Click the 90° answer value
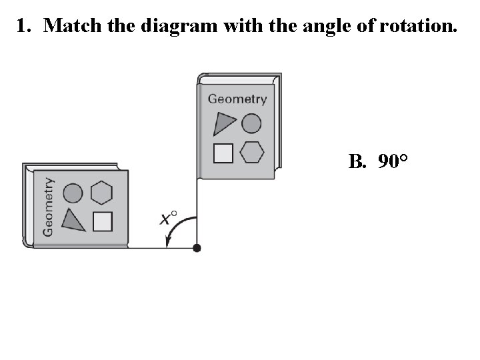393,161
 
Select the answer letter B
357,161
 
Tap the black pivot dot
197,248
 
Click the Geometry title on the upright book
237,99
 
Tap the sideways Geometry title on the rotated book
49,206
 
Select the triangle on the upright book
225,123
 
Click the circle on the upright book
251,123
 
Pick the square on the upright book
223,153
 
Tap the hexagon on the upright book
252,153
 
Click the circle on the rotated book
73,194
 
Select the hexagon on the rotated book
101,193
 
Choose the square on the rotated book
102,221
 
